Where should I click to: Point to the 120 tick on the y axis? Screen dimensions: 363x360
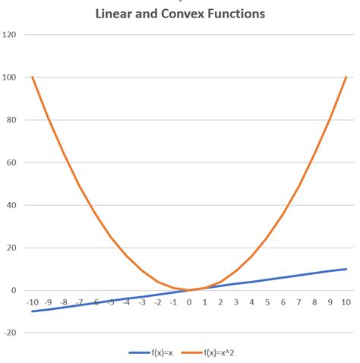click(11, 35)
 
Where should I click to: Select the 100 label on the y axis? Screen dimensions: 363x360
click(11, 77)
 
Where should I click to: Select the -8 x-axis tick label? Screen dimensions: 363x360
click(64, 302)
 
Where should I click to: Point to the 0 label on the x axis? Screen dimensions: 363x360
click(189, 302)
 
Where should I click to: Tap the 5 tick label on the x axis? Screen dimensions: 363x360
click(267, 302)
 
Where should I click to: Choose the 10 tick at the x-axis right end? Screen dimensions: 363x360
click(346, 302)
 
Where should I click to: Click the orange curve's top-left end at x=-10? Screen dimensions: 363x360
click(33, 77)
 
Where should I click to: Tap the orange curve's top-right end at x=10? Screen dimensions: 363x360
click(346, 77)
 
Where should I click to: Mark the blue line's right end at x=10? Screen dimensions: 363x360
click(346, 269)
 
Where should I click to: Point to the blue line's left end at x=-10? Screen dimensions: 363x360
click(33, 311)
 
